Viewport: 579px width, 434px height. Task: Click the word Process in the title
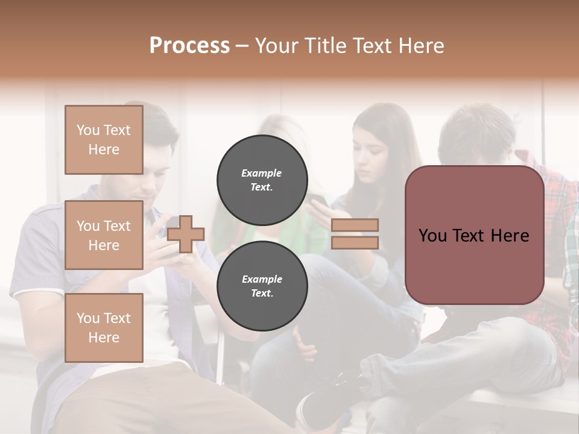189,46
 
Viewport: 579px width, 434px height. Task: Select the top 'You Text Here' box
104,140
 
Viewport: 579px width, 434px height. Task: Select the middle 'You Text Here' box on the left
104,235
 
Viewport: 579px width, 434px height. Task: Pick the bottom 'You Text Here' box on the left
104,327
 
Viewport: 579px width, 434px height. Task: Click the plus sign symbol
186,234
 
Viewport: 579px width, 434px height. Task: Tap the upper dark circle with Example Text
262,180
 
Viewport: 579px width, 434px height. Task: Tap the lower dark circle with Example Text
262,286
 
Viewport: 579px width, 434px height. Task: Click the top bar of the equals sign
355,225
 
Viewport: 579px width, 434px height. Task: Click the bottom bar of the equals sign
355,242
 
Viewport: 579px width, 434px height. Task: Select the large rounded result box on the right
474,235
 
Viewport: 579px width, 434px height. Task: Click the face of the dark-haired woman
374,160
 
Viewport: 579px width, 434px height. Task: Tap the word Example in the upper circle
262,173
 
